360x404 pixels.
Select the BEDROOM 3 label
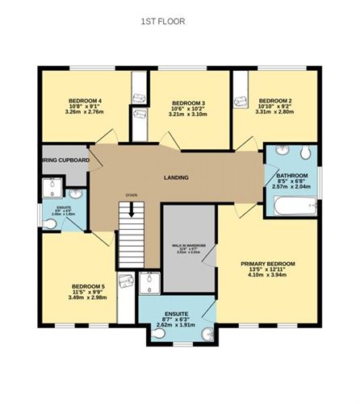tap(186, 103)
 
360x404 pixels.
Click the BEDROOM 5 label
tap(88, 285)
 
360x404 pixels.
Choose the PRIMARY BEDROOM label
tap(268, 264)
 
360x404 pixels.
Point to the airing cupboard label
tap(65, 160)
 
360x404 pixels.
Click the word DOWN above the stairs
tap(131, 195)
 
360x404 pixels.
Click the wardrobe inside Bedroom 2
tap(241, 101)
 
